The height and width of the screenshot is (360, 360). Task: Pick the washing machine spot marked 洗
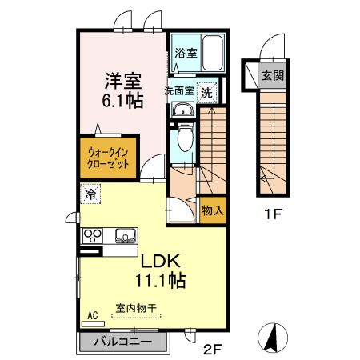point(207,92)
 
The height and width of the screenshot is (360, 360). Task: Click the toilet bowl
point(185,141)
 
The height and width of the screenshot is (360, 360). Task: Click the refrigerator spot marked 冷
point(90,194)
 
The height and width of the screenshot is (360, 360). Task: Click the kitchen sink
point(124,235)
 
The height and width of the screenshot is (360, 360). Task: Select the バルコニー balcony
point(123,342)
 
